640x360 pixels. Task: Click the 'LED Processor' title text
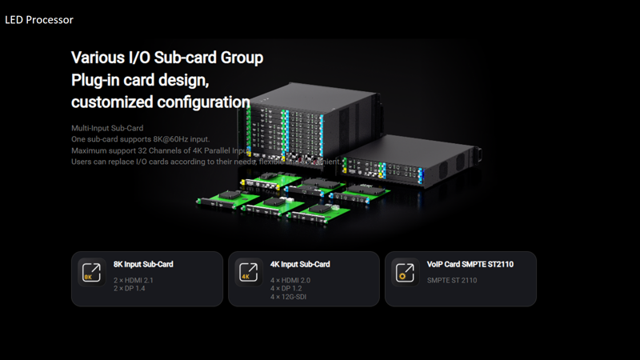point(39,19)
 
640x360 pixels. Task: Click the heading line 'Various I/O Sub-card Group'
point(167,58)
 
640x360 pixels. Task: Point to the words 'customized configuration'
point(160,102)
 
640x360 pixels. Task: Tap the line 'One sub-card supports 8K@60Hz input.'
point(140,139)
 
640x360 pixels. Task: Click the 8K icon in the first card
point(91,272)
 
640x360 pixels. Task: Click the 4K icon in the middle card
point(248,272)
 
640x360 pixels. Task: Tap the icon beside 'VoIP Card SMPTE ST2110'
point(406,272)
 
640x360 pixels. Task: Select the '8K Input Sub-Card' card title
point(143,264)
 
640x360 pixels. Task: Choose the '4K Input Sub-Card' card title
point(300,264)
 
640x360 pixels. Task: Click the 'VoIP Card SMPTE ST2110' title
point(469,264)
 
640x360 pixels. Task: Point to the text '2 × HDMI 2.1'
point(133,280)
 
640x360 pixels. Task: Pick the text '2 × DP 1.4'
point(129,288)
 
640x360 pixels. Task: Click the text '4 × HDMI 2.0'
point(290,280)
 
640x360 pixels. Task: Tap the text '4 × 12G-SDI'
point(288,297)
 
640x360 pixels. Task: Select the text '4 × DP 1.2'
point(286,288)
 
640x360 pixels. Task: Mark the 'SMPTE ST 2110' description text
point(452,280)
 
